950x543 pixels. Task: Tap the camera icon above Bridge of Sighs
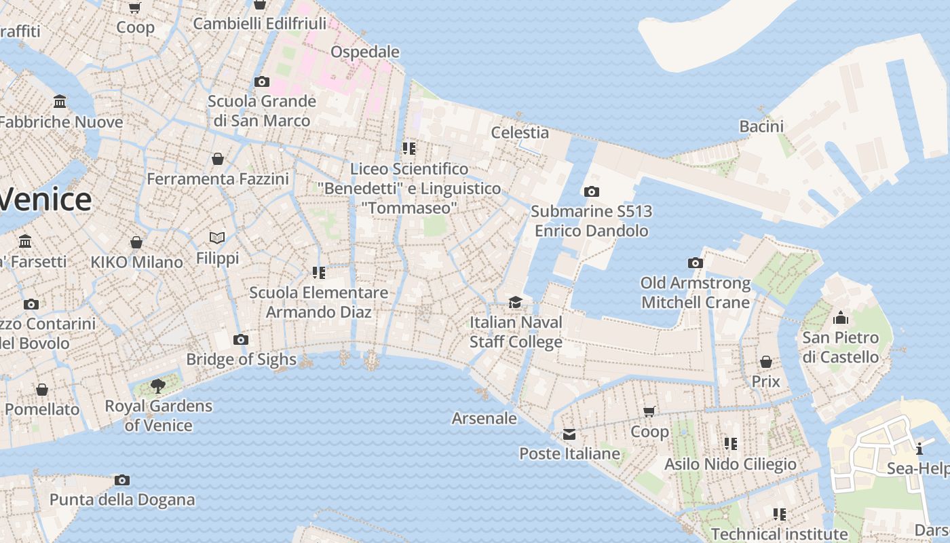(x=240, y=339)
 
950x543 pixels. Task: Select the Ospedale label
(x=364, y=52)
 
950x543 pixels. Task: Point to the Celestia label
(x=520, y=132)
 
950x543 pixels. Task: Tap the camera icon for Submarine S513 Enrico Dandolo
(x=591, y=192)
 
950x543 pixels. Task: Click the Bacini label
(x=761, y=126)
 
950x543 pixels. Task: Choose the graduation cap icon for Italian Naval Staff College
(x=516, y=302)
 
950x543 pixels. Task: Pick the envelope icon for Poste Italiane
(x=569, y=434)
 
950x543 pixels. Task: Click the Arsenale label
(x=484, y=418)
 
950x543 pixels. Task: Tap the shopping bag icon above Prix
(x=765, y=362)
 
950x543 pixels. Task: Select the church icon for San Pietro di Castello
(x=840, y=318)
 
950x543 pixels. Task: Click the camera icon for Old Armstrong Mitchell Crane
(x=695, y=263)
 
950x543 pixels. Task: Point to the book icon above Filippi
(x=217, y=238)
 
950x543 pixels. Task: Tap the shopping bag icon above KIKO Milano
(x=136, y=242)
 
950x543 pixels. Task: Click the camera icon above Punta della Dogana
(x=122, y=481)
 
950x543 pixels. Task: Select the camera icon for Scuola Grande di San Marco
(x=261, y=82)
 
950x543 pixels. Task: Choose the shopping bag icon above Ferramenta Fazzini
(x=218, y=159)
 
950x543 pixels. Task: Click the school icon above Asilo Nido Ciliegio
(x=730, y=444)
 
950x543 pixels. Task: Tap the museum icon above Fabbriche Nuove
(x=60, y=102)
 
